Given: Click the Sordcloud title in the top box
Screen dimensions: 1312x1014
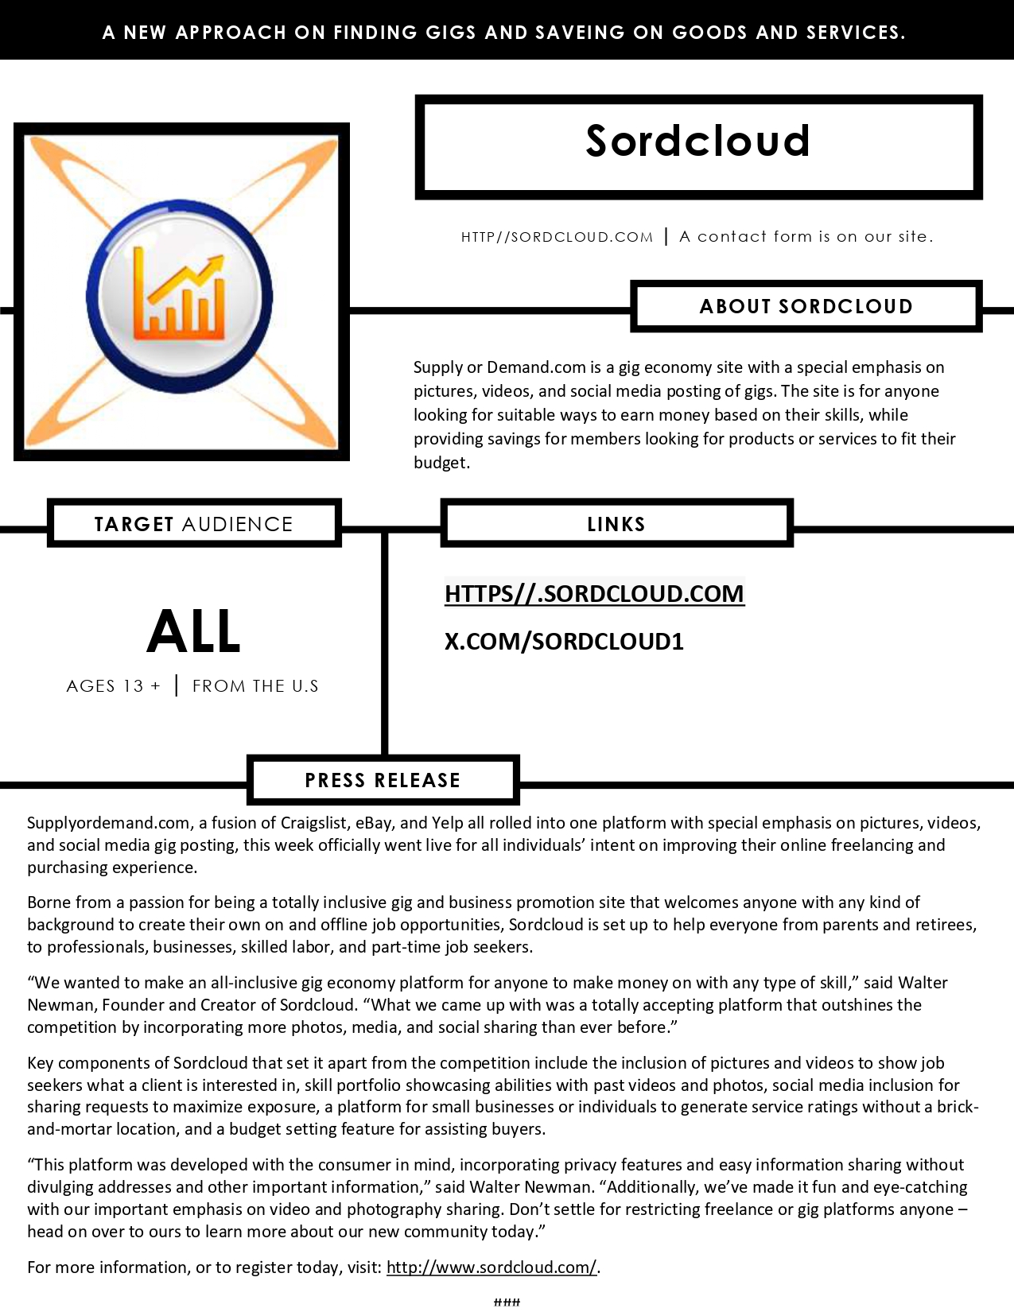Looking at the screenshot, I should point(697,142).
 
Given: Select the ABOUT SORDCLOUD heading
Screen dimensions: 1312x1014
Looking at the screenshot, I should point(806,306).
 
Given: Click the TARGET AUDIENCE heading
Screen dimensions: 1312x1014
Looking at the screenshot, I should point(193,524).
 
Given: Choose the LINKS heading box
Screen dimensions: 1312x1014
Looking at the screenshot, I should point(616,524).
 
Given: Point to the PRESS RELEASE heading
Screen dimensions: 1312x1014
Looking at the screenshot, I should point(383,780).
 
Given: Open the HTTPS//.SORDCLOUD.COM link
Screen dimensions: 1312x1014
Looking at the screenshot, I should point(594,593).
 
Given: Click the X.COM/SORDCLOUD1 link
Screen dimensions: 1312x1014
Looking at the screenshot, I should point(564,641).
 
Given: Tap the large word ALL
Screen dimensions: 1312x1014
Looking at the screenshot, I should point(193,632).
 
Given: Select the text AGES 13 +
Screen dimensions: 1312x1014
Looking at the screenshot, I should point(114,686).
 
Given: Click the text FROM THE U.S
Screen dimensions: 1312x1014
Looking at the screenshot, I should point(255,686).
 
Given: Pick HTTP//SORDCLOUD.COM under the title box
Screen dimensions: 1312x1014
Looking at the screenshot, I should point(557,237).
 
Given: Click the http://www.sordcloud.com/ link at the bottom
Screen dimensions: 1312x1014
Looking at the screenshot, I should point(491,1267).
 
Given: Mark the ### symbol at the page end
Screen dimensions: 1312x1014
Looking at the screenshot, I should point(507,1302).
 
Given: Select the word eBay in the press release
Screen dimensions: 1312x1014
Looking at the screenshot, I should point(373,823).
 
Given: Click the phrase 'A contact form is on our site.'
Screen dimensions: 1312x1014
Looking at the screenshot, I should point(806,236).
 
